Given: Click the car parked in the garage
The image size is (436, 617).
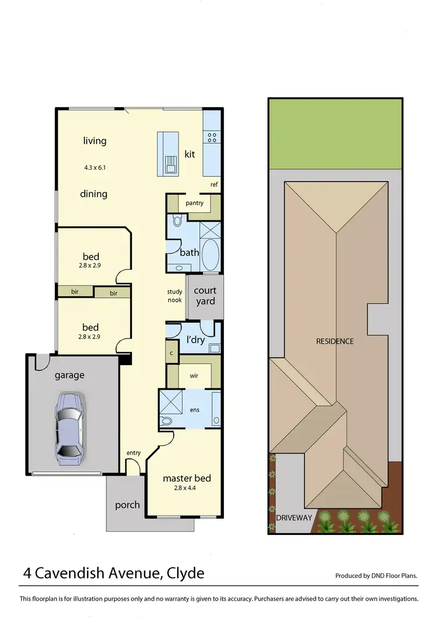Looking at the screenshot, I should (69, 429).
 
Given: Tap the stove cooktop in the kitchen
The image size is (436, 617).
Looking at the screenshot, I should (212, 138).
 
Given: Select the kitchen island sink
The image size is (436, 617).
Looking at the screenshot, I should (170, 165).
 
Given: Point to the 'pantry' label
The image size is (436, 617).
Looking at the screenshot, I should (194, 203).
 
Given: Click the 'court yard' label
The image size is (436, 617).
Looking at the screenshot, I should (205, 295).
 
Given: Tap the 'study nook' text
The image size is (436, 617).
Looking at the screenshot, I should (175, 296).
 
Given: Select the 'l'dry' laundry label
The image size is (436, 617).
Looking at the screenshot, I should (195, 340).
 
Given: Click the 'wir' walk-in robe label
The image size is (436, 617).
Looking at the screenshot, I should (194, 376).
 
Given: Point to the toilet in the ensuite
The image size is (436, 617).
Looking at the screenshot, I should (168, 420).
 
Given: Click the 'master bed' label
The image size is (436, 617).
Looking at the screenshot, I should (187, 478).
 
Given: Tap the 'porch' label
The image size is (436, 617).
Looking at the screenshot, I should (127, 504).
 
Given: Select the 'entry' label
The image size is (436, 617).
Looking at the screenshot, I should (134, 453).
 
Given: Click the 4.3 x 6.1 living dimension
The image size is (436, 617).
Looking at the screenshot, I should (95, 167).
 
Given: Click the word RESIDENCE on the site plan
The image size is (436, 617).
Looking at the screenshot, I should (335, 341).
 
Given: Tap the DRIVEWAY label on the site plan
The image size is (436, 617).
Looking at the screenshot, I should (294, 518).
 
